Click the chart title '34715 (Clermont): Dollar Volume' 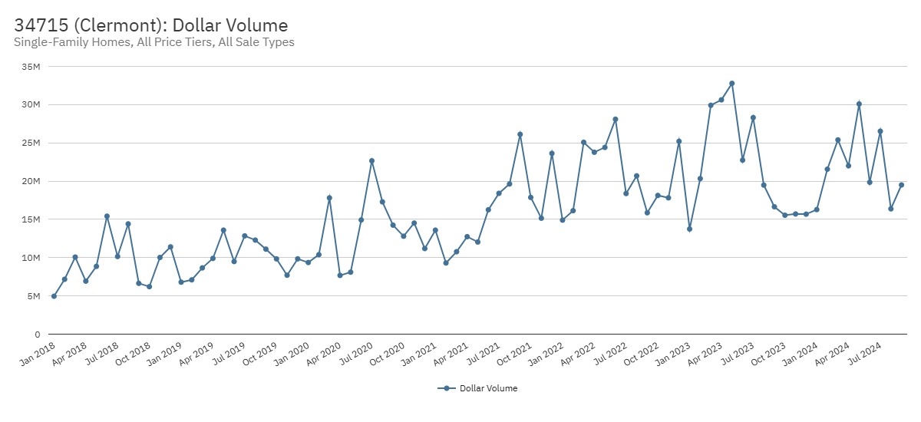point(150,25)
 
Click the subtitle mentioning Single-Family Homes point(154,42)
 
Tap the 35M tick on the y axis point(31,67)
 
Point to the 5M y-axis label point(34,296)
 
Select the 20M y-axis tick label point(31,181)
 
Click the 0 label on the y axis point(37,335)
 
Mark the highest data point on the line point(732,84)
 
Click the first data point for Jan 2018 point(54,296)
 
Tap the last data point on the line point(902,185)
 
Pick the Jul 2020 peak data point point(371,161)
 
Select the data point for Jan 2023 point(689,229)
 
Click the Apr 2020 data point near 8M point(340,275)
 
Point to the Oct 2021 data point point(530,197)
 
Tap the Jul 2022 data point point(626,193)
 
